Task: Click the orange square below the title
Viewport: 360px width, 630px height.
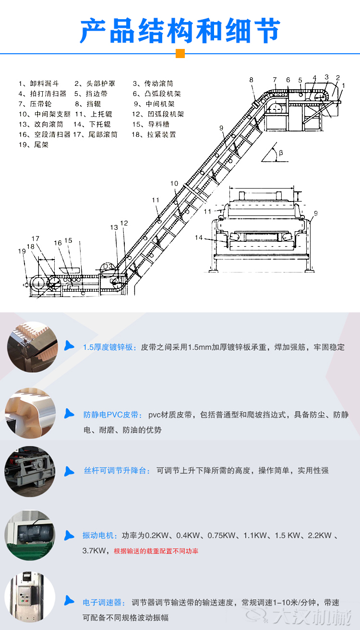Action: click(x=180, y=53)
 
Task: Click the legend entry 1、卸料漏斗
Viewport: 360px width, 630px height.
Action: click(x=38, y=83)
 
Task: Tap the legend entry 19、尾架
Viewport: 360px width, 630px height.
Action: click(x=33, y=144)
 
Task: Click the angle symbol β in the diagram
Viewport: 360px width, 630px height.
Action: click(x=281, y=153)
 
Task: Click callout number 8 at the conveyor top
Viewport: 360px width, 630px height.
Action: click(x=251, y=80)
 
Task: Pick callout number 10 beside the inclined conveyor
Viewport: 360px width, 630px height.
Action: click(x=174, y=183)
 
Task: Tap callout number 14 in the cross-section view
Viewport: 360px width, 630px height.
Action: click(x=199, y=237)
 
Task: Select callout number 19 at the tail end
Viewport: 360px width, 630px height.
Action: click(x=22, y=251)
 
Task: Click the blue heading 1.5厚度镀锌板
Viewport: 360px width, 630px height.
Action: click(x=110, y=347)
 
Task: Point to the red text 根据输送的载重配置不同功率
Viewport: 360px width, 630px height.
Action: click(x=156, y=551)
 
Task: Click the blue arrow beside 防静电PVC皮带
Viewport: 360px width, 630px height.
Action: click(x=70, y=413)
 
